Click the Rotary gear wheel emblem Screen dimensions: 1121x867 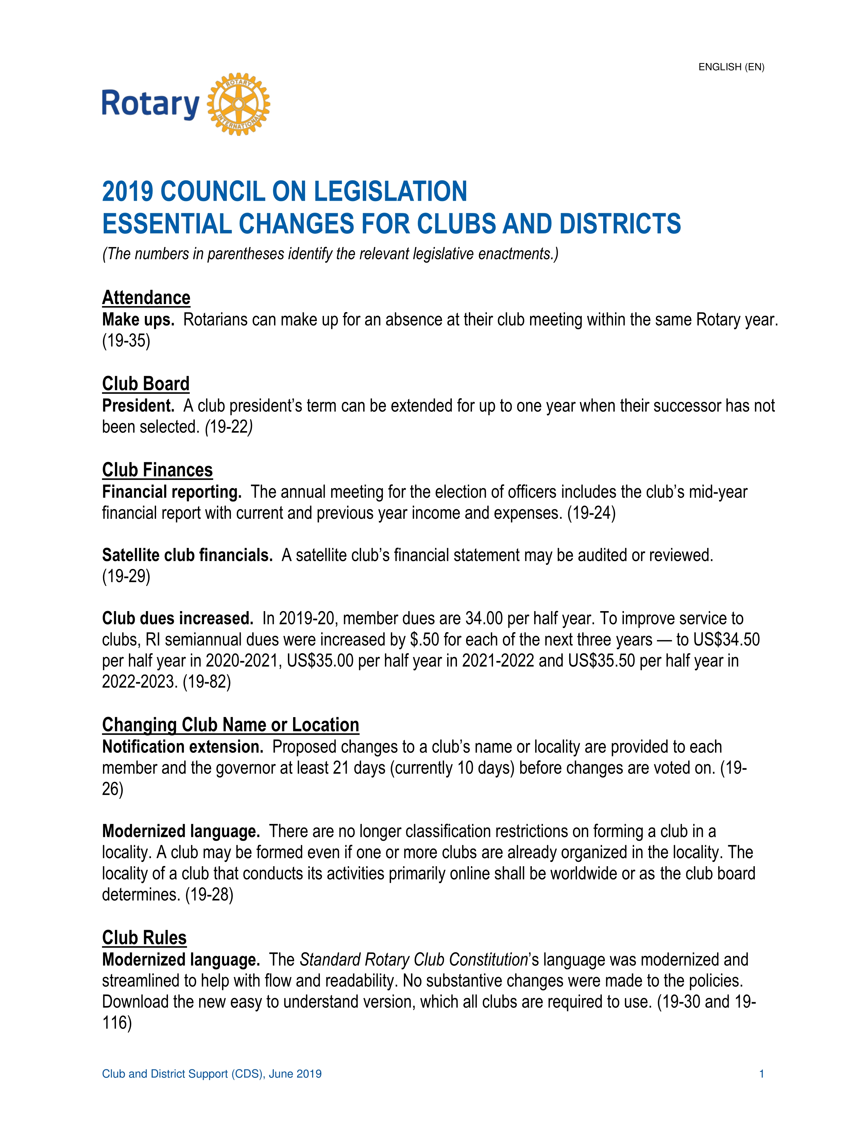tap(238, 104)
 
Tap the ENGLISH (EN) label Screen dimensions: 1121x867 tap(731, 67)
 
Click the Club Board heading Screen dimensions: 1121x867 tap(146, 384)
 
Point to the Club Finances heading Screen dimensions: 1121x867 tap(157, 470)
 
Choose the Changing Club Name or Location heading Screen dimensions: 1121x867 tap(230, 725)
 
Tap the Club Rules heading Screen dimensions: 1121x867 tap(144, 938)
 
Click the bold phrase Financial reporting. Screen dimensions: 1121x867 tap(172, 492)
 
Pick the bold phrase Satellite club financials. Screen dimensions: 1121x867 tap(187, 555)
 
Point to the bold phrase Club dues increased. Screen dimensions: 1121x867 tap(177, 619)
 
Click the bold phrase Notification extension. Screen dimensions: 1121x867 tap(182, 747)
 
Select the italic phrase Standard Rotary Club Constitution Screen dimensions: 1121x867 tap(413, 960)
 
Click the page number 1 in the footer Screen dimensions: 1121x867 tap(761, 1074)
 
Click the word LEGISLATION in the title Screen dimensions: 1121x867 tap(390, 192)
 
